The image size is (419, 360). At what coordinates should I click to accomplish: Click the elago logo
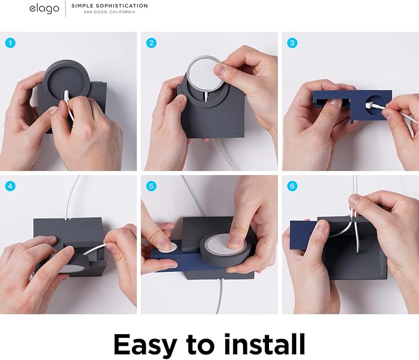point(44,9)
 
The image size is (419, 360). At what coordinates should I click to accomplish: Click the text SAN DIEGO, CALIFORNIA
point(109,12)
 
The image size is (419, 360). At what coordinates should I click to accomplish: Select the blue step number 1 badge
point(10,43)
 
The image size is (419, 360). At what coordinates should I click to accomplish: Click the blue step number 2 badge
point(151,43)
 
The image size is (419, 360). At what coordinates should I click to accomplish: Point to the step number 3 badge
point(292,43)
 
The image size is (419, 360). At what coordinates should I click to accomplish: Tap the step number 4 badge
point(10,186)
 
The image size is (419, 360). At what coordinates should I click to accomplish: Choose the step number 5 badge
point(151,186)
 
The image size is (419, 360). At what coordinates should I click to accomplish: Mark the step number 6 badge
point(292,186)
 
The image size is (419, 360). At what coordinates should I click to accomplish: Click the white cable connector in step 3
point(373,104)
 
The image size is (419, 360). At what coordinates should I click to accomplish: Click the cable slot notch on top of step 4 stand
point(66,219)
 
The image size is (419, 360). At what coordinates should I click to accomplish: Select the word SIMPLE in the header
point(80,6)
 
